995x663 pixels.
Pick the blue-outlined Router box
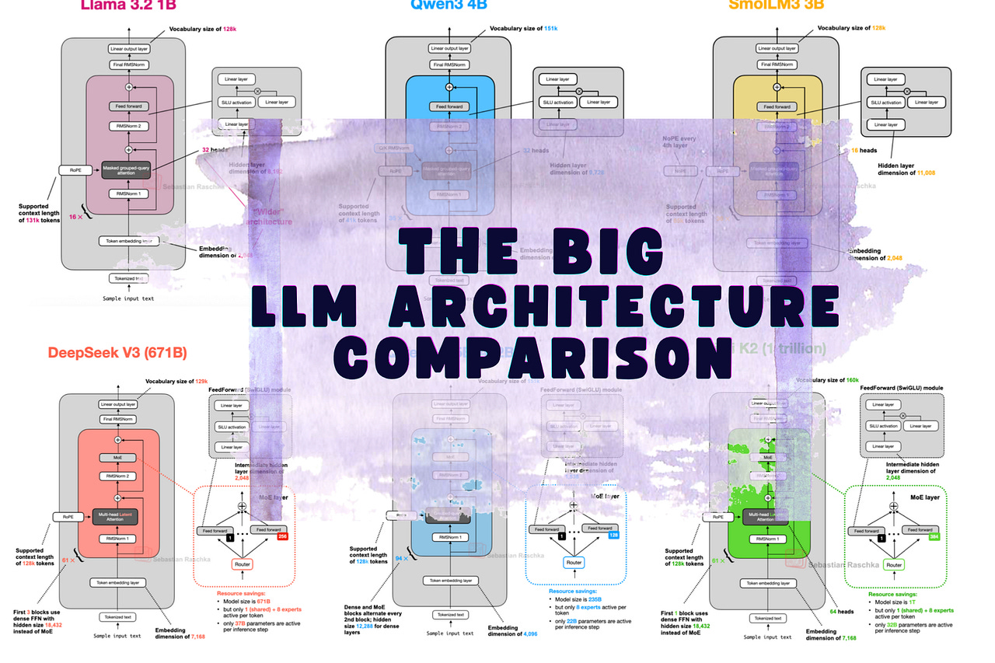[x=574, y=562]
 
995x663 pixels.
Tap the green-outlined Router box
[x=895, y=565]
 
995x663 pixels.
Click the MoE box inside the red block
[x=118, y=459]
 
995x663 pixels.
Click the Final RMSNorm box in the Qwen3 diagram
[x=449, y=64]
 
